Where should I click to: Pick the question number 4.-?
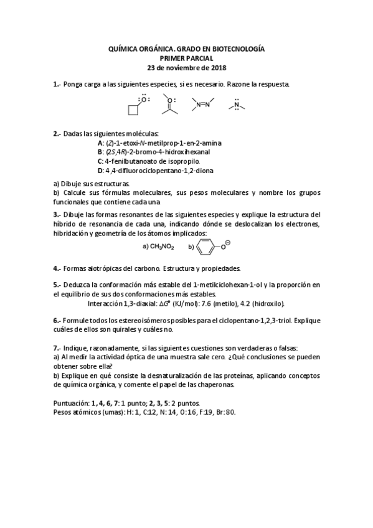click(57, 268)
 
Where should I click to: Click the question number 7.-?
click(57, 347)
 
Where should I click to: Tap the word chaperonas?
click(215, 385)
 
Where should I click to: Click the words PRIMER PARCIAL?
click(186, 57)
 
